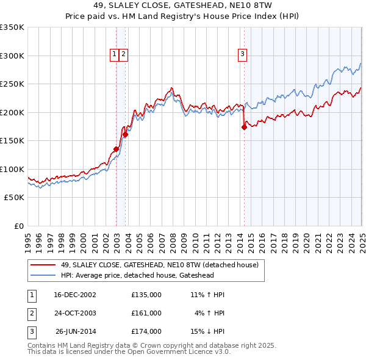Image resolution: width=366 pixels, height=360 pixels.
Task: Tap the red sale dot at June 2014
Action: click(x=245, y=127)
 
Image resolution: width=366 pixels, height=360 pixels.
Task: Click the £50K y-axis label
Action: click(x=14, y=198)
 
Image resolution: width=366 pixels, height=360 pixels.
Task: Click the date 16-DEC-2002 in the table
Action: click(x=75, y=295)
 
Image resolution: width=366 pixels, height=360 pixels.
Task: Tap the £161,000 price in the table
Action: click(x=146, y=313)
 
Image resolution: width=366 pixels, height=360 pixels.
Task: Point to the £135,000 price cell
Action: click(x=146, y=295)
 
